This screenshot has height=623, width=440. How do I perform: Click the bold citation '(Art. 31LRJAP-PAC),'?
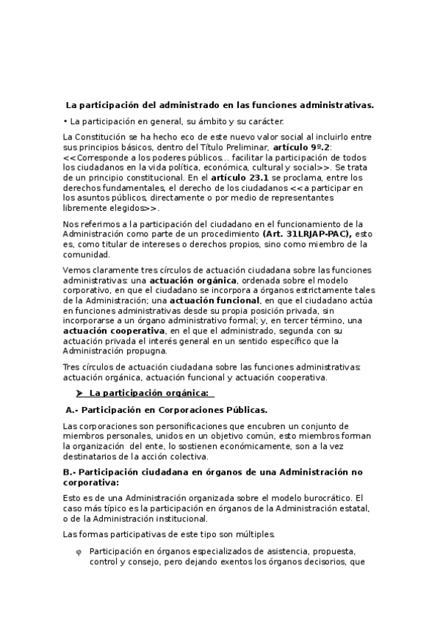306,234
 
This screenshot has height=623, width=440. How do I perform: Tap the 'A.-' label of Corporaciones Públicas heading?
72,409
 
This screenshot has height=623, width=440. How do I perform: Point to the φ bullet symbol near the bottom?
79,552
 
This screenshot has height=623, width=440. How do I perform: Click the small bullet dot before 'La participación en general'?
65,121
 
